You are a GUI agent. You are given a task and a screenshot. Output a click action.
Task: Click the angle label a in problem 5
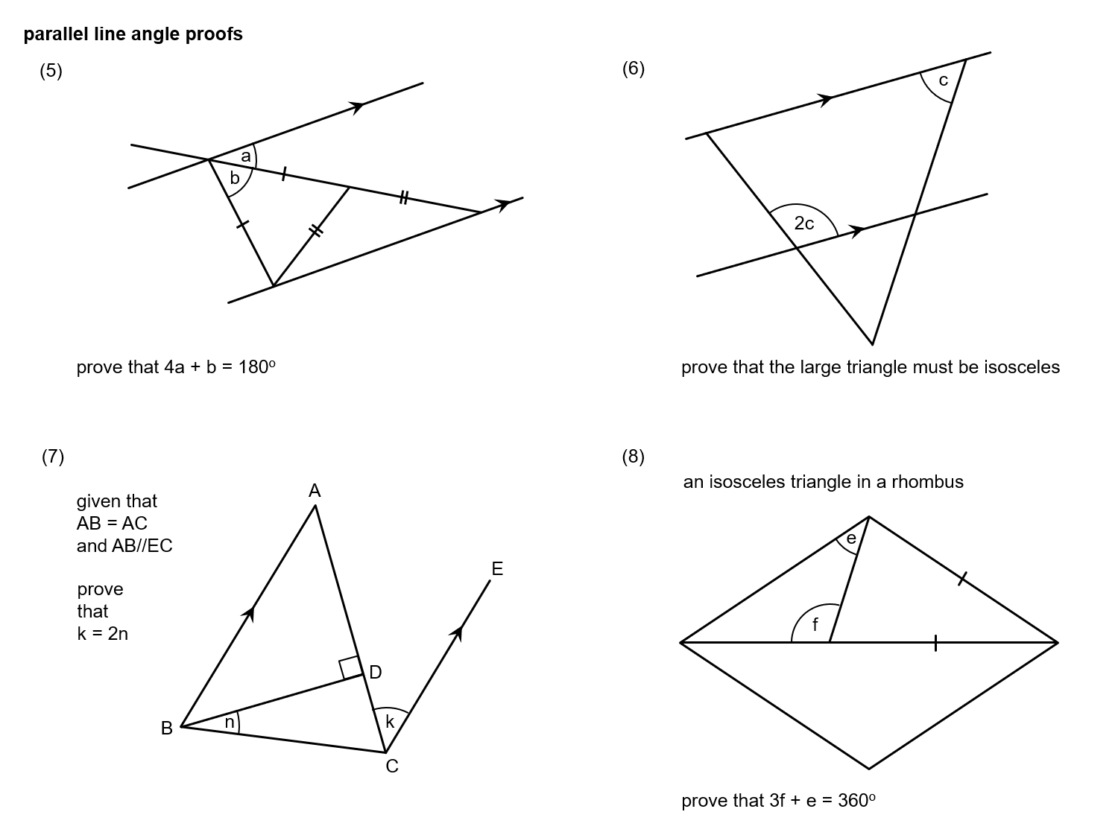coord(245,156)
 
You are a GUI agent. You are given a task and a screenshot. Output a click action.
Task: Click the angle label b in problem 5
coord(235,178)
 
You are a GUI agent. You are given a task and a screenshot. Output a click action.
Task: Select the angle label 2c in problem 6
coord(804,223)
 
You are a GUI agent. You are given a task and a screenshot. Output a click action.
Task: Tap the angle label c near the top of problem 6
coord(943,80)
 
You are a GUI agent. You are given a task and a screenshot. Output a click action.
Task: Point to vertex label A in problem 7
coord(315,490)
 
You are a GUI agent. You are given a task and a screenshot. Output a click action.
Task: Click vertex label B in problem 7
coord(167,729)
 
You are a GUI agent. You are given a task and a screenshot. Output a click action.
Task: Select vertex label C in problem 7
coord(392,766)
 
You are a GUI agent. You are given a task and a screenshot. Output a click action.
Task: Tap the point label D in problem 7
coord(376,673)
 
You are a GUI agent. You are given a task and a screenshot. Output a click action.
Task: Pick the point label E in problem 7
coord(497,570)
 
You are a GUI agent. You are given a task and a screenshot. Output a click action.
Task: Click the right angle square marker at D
coord(350,668)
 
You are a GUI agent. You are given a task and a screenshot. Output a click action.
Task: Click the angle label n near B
coord(230,721)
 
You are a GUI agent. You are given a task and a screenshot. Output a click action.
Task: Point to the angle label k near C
coord(390,721)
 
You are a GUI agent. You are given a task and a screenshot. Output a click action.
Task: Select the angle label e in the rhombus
coord(850,538)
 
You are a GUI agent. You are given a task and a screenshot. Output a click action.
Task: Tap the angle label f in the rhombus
coord(815,625)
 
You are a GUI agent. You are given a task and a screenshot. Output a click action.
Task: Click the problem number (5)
coord(51,71)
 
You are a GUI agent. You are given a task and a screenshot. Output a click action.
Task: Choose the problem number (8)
coord(633,457)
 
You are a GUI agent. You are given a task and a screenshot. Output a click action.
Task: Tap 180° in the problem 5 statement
coord(256,367)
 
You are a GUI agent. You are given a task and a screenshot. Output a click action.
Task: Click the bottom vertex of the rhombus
coord(869,768)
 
